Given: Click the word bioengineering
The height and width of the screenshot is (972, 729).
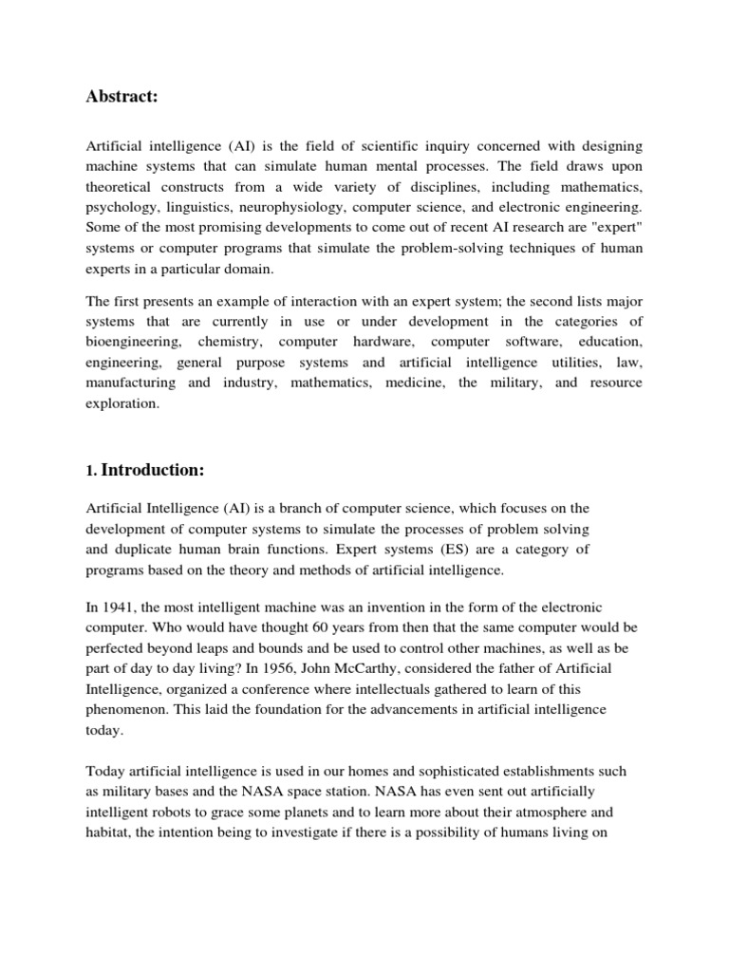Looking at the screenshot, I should pos(134,341).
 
